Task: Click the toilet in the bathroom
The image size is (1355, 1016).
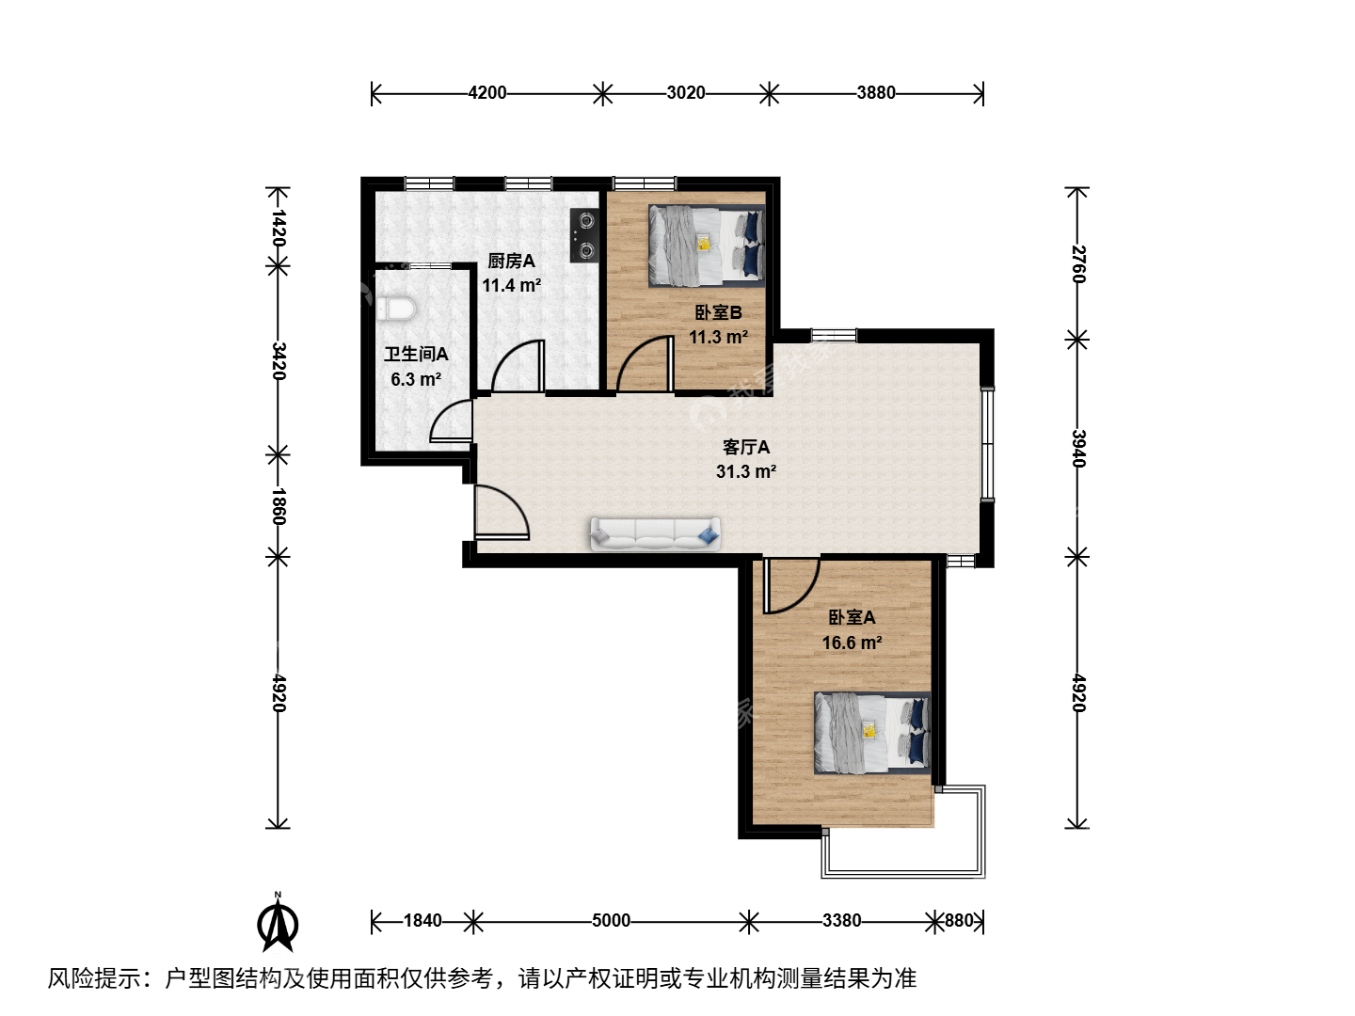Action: click(x=396, y=308)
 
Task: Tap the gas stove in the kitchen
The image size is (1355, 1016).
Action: click(x=584, y=235)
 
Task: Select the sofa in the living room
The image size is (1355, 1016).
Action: click(x=655, y=533)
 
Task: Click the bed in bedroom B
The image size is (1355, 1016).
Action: click(x=707, y=246)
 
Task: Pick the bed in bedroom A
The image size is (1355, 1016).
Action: click(x=872, y=733)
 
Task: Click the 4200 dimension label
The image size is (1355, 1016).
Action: click(x=487, y=93)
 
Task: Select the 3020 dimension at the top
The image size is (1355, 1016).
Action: click(x=686, y=93)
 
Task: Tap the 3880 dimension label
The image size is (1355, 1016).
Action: click(x=876, y=93)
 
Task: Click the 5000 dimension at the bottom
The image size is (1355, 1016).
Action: click(x=611, y=921)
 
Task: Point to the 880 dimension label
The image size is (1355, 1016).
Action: click(x=959, y=921)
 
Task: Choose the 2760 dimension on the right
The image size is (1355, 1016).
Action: click(x=1077, y=264)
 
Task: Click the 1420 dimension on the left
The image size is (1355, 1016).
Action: click(x=279, y=228)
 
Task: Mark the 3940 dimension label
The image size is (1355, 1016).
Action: click(x=1077, y=449)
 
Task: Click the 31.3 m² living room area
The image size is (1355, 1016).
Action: click(x=745, y=472)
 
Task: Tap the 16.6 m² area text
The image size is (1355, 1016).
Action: click(x=852, y=643)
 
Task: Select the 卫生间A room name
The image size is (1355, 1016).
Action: click(x=416, y=354)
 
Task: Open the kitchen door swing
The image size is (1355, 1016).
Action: click(x=518, y=366)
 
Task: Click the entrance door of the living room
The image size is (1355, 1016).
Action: click(x=502, y=513)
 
